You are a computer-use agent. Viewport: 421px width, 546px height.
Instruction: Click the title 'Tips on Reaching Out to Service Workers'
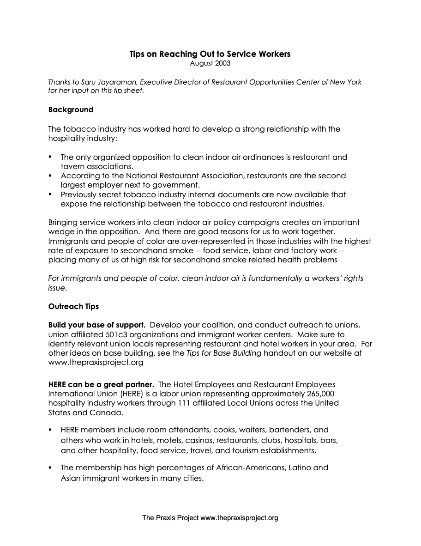[210, 54]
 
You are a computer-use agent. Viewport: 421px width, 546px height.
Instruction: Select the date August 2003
[210, 63]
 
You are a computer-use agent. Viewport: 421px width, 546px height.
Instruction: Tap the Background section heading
[71, 110]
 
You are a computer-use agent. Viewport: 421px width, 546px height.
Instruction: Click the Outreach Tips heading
[73, 307]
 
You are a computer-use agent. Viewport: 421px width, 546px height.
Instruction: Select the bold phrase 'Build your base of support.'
[97, 325]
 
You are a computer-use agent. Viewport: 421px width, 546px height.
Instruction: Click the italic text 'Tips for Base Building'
[224, 353]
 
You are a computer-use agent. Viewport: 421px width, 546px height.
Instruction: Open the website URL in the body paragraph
[96, 363]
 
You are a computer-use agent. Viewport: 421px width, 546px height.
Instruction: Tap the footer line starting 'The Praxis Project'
[210, 518]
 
